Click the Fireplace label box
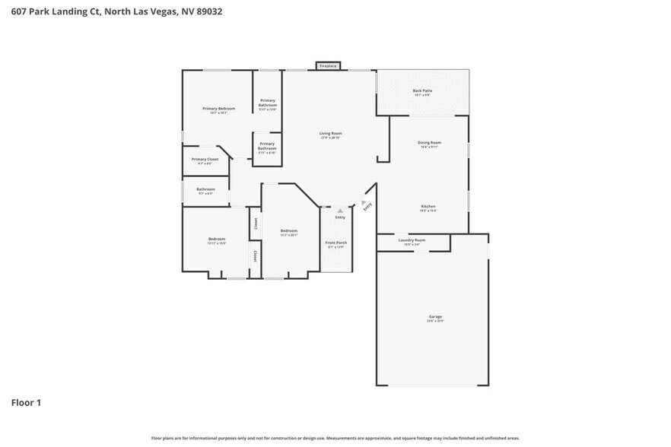click(328, 66)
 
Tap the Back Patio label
click(422, 93)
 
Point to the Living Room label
click(330, 135)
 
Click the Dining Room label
click(429, 144)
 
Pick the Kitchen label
click(429, 208)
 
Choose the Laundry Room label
click(412, 242)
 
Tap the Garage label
click(435, 319)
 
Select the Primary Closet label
click(205, 160)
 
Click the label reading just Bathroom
click(205, 191)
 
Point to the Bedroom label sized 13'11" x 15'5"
click(217, 241)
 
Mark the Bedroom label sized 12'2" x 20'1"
click(288, 232)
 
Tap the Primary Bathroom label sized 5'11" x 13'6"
click(268, 105)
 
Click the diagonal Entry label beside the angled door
click(367, 205)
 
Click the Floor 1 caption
click(26, 402)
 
